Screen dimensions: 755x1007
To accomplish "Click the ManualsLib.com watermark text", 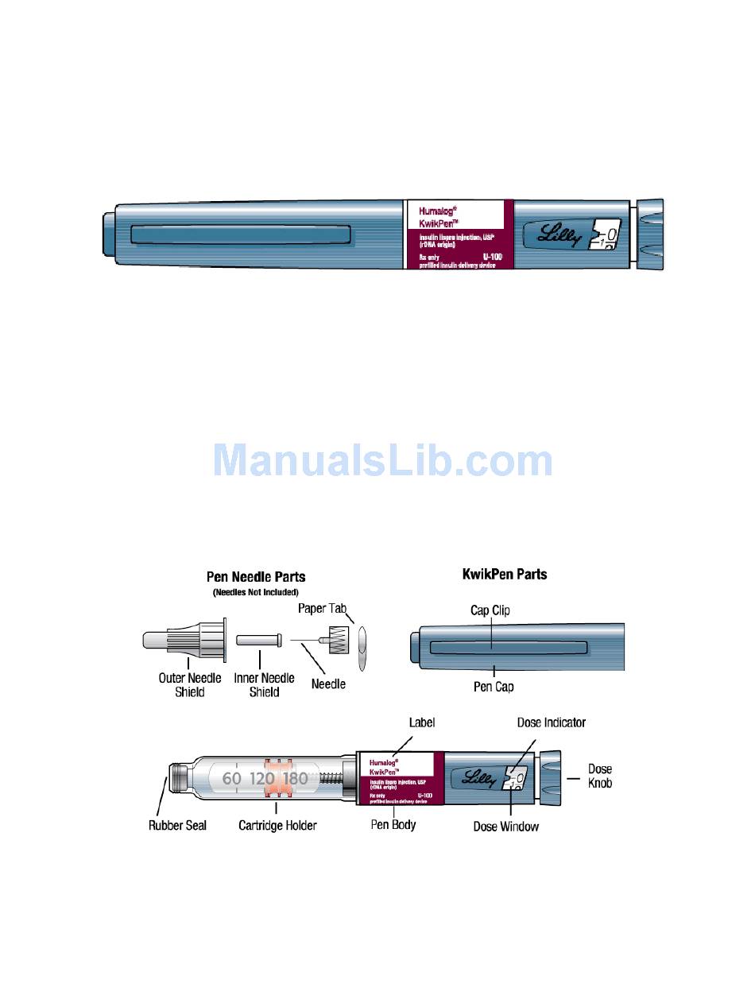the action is coord(382,461).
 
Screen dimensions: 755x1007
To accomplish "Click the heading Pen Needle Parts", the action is coord(256,577).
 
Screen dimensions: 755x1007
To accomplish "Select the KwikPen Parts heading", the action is coord(505,574).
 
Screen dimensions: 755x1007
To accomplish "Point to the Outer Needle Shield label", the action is coord(190,685).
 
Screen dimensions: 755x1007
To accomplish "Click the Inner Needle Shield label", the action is coord(264,685).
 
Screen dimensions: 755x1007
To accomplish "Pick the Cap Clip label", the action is coord(490,610).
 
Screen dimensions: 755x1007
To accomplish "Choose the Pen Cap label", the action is coord(494,687).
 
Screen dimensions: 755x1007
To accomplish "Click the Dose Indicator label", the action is coord(551,722).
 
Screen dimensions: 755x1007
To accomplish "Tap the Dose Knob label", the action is coord(599,776).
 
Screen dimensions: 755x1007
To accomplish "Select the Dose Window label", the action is coord(505,827).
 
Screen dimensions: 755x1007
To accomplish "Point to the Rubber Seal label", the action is coord(177,826).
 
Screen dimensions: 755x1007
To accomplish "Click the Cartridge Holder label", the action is coord(277,826).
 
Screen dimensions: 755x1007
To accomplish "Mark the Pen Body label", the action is coord(393,825).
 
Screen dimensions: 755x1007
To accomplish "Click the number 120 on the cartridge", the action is coord(262,779).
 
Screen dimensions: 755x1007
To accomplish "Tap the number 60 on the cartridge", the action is coord(231,779).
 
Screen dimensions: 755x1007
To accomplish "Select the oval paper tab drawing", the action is coord(362,648).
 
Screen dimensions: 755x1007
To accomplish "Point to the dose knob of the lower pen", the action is coord(552,775).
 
